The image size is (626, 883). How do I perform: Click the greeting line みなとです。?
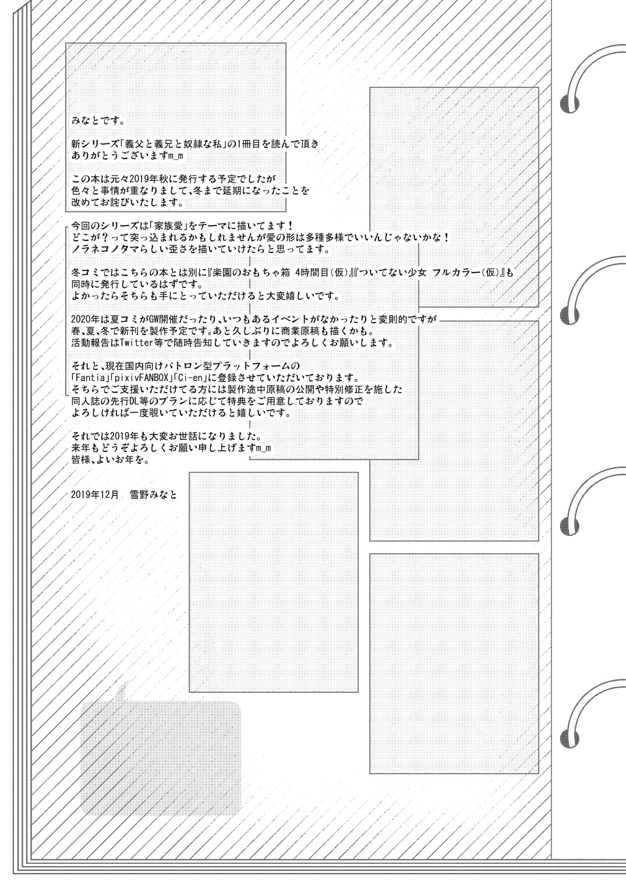pyautogui.click(x=98, y=120)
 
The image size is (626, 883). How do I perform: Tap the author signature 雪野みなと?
pyautogui.click(x=154, y=495)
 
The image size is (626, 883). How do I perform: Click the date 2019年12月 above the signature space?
pyautogui.click(x=95, y=495)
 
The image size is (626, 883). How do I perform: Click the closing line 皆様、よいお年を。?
pyautogui.click(x=111, y=460)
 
